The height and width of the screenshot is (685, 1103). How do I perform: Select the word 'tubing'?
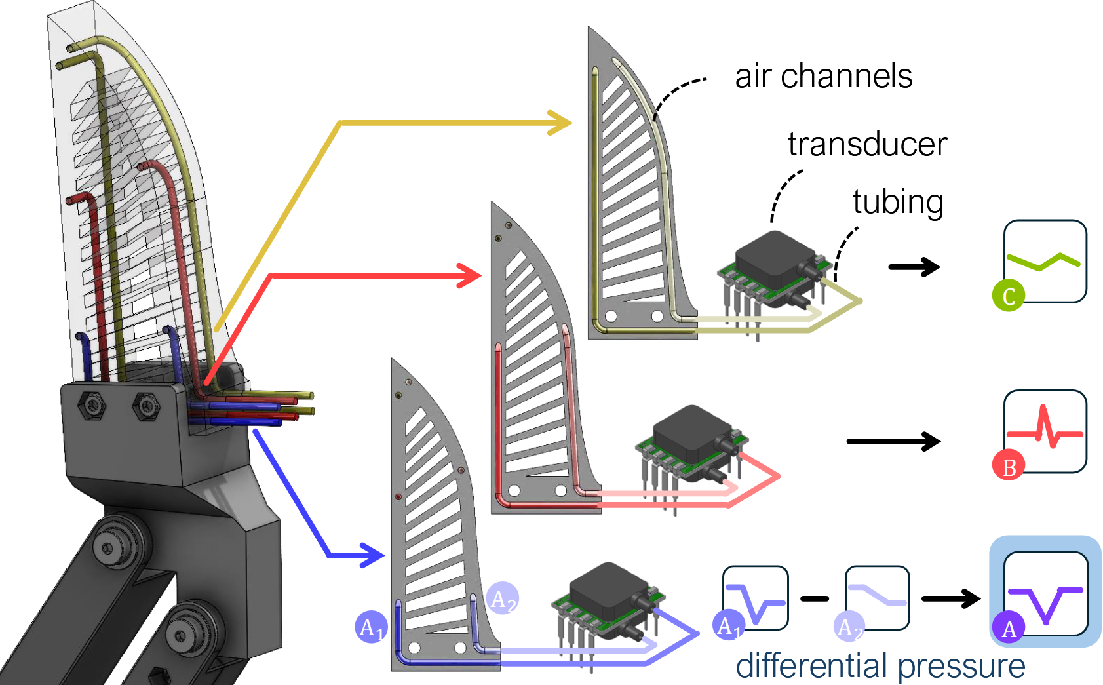tap(898, 203)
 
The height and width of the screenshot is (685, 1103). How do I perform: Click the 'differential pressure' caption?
tap(880, 666)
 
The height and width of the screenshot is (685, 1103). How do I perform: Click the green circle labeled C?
tap(1009, 296)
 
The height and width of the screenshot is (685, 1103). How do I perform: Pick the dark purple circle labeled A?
tap(1009, 627)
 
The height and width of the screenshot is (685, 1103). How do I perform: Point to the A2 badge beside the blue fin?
tap(502, 598)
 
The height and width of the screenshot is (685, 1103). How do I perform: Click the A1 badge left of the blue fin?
tap(372, 627)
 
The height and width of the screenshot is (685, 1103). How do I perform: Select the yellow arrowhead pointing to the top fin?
tap(560, 123)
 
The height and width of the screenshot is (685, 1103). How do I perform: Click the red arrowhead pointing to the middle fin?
tap(469, 276)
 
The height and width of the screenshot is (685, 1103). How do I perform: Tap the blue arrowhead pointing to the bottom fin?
tap(372, 555)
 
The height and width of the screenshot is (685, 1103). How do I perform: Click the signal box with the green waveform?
tap(1045, 261)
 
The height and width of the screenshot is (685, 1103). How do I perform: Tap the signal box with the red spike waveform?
tap(1045, 431)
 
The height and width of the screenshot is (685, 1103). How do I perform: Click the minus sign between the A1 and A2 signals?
tap(815, 599)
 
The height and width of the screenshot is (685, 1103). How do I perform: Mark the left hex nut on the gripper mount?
tap(92, 406)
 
